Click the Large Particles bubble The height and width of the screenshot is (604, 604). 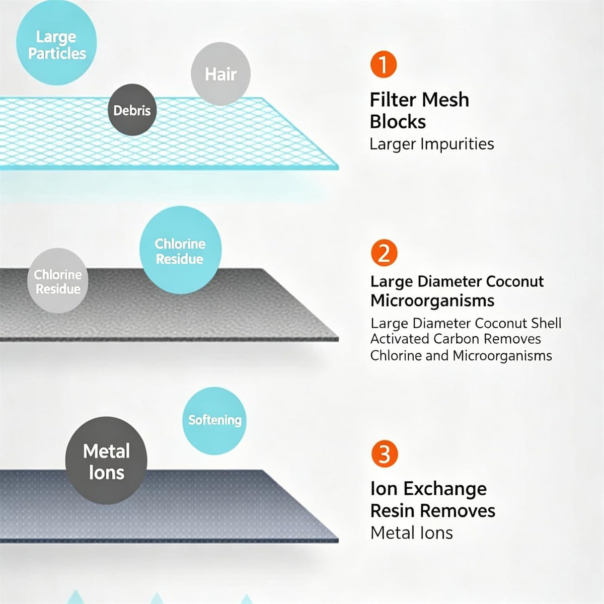[56, 43]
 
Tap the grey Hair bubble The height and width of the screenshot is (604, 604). [220, 74]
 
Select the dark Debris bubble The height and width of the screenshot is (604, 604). [132, 110]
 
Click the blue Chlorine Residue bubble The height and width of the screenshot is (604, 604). [181, 250]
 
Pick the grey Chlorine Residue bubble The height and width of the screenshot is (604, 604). [58, 281]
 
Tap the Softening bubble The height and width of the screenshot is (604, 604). [214, 421]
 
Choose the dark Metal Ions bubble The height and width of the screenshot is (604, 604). [106, 461]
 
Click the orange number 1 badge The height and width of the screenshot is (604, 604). [384, 64]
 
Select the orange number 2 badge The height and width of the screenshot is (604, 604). [384, 253]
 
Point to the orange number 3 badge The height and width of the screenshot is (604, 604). [385, 454]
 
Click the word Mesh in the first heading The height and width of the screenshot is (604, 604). [445, 100]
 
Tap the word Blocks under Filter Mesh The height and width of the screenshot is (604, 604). [398, 121]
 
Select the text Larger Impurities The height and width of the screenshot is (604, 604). [431, 144]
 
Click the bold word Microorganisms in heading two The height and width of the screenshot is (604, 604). [432, 301]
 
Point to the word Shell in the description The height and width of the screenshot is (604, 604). [546, 323]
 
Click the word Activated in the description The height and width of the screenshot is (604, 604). [400, 339]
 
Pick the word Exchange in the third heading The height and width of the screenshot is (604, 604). [445, 489]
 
